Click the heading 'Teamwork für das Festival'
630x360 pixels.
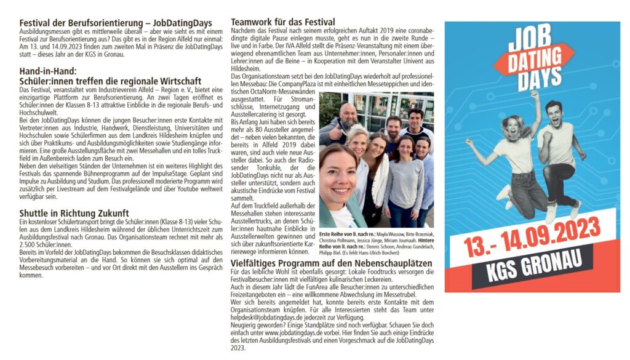click(283, 23)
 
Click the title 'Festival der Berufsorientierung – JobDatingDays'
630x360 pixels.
click(111, 23)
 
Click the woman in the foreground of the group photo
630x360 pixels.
click(338, 185)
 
